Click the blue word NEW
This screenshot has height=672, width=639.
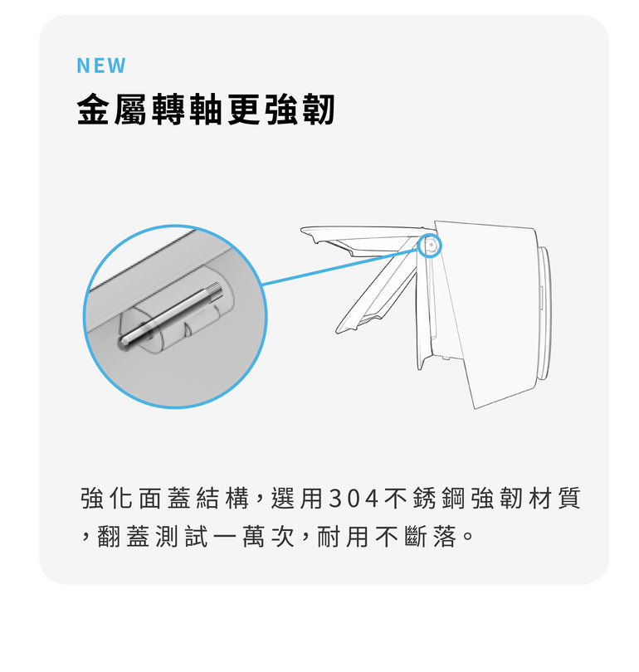(101, 66)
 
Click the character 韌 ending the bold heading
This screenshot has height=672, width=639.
(318, 109)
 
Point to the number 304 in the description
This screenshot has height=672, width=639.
(354, 499)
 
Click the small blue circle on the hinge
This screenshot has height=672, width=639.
(429, 245)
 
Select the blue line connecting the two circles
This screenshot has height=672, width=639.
(341, 266)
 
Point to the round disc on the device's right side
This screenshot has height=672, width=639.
(544, 313)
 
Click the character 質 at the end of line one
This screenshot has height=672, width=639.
(569, 499)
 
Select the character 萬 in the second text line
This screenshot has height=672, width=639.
(253, 537)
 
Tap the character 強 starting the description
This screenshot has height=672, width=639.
(92, 499)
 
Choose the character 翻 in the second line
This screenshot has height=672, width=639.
(109, 537)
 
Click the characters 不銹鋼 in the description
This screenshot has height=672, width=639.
(424, 499)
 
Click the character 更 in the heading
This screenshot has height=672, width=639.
(243, 109)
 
